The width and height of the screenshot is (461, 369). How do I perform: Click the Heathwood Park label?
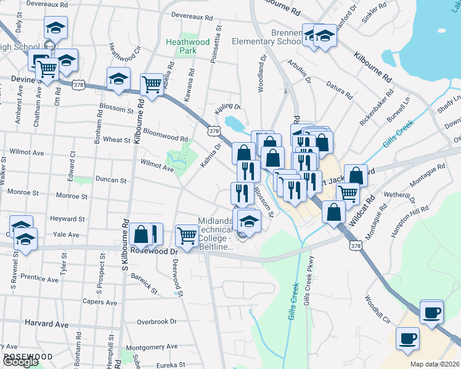click(x=189, y=46)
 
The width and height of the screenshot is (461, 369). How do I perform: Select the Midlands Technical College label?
click(x=215, y=234)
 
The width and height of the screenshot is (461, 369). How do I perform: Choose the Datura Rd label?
click(x=339, y=90)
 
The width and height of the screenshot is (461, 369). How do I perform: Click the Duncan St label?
click(x=110, y=181)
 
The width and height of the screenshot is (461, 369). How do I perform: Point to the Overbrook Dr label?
click(x=157, y=321)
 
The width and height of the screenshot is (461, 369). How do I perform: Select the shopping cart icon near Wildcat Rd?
click(x=349, y=194)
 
